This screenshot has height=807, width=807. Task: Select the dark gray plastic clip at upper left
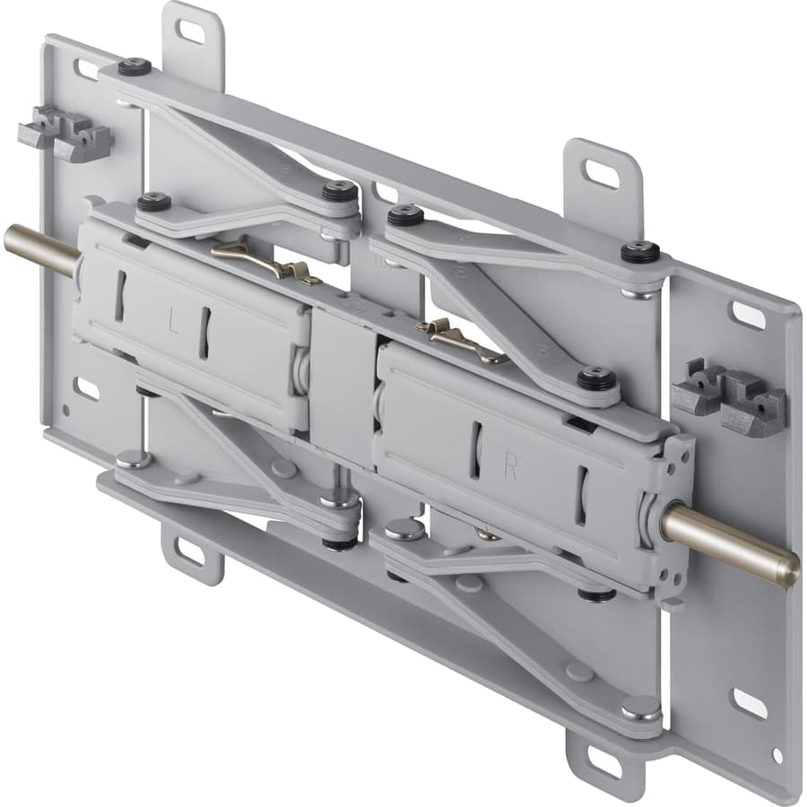tap(65, 133)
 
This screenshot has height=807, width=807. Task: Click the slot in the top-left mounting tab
tap(190, 31)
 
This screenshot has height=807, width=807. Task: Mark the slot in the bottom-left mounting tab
tap(190, 552)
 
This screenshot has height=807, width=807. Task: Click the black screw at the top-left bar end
tap(134, 65)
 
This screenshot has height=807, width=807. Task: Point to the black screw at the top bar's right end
tap(640, 251)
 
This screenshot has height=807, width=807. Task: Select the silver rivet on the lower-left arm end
tap(134, 458)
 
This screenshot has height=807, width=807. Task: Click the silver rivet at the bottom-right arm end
tap(640, 707)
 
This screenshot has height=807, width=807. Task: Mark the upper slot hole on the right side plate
tap(748, 315)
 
